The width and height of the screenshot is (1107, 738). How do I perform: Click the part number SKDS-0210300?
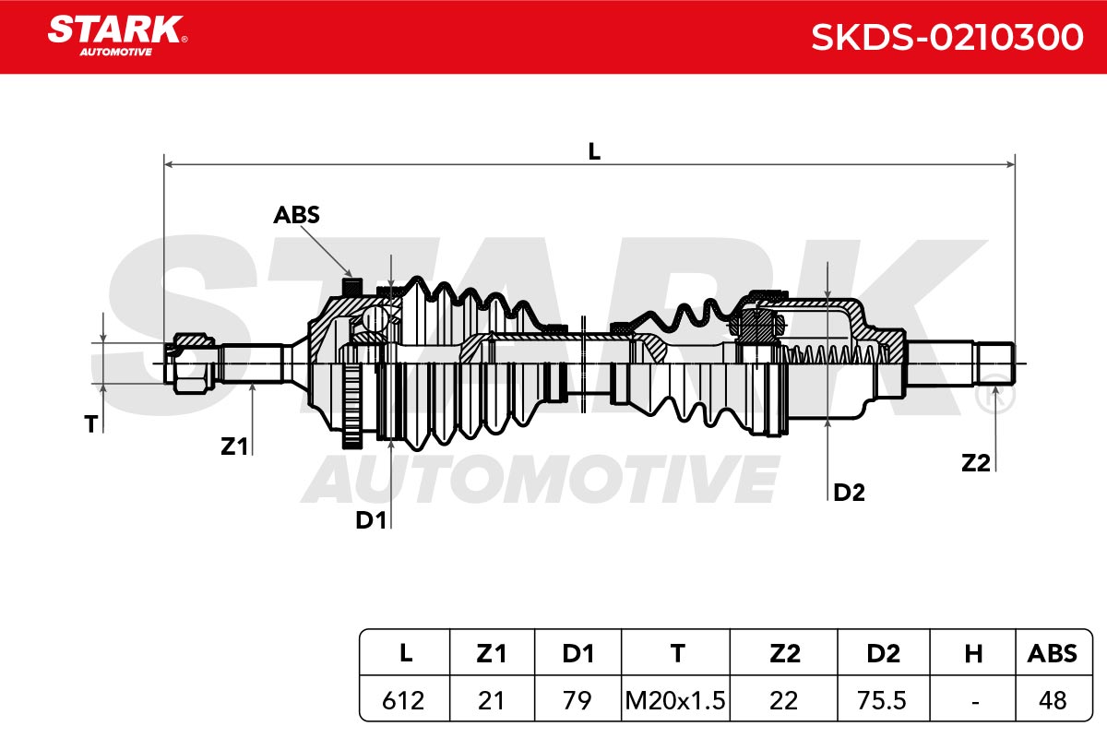coord(947,37)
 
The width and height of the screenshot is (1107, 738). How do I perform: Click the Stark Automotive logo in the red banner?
coord(117,35)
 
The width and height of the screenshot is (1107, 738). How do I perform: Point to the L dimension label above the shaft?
coord(594,151)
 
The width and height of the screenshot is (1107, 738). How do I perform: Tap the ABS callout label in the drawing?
coord(296,215)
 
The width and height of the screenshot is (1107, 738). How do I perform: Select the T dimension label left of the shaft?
coord(91,424)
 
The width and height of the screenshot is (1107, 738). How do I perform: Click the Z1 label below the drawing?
coord(233,446)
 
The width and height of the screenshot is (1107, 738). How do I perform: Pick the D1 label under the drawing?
coord(371,520)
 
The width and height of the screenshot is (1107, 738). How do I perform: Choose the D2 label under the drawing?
coord(849,493)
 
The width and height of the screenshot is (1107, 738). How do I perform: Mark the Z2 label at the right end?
coord(976,463)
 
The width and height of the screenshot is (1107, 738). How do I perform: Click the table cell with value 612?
coord(403,700)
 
